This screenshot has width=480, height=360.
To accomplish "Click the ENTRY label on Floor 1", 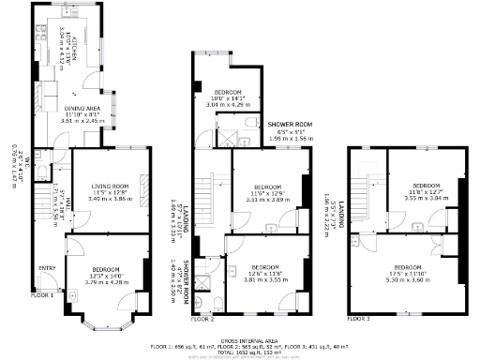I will pyautogui.click(x=47, y=267).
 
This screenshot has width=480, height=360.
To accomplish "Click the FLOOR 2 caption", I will pyautogui.click(x=202, y=320).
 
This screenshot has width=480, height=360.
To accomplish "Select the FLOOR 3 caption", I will pyautogui.click(x=357, y=319).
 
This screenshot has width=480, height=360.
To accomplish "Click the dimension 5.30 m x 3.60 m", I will pyautogui.click(x=409, y=279).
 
